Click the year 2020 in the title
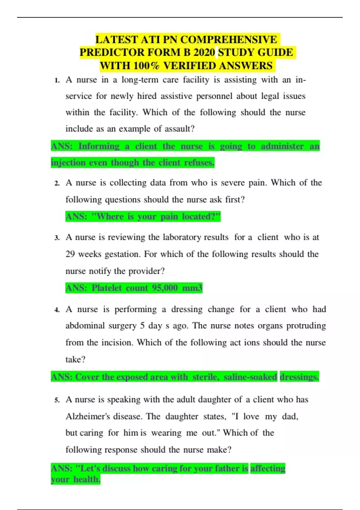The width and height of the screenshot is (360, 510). click(204, 52)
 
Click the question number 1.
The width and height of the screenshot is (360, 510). click(57, 80)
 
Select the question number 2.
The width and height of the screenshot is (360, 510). click(57, 183)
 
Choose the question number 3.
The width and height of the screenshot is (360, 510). click(57, 238)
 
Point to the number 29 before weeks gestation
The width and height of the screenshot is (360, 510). click(70, 254)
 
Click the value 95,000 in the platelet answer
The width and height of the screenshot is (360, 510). click(165, 288)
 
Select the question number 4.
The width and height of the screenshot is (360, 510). click(57, 310)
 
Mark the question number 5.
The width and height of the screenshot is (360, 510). click(57, 400)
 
